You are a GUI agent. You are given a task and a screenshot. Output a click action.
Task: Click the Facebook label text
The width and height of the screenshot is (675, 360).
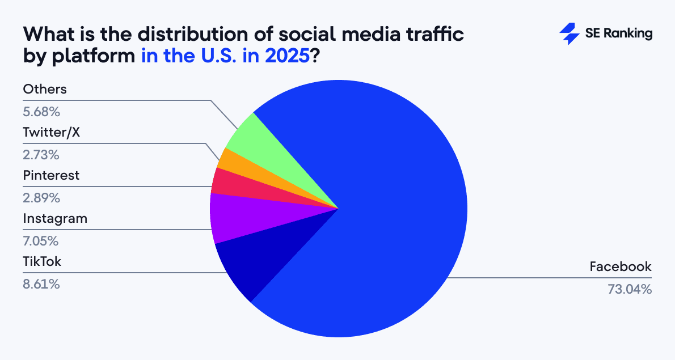pyautogui.click(x=621, y=266)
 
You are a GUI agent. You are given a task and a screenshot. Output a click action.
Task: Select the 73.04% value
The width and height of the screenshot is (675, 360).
pyautogui.click(x=630, y=289)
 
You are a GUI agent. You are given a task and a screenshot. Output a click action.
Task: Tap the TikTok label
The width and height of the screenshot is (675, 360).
pyautogui.click(x=42, y=262)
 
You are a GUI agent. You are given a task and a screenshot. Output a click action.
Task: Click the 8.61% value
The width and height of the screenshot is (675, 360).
pyautogui.click(x=41, y=284)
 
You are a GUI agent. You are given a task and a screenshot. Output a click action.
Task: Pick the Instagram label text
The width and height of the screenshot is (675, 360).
pyautogui.click(x=55, y=218)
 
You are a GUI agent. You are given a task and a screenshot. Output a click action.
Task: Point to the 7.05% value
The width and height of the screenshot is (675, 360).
pyautogui.click(x=41, y=241)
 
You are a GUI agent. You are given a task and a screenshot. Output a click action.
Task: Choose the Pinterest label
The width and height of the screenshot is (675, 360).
pyautogui.click(x=51, y=175)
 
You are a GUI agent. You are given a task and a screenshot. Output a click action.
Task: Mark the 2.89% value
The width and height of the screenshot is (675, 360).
pyautogui.click(x=41, y=198)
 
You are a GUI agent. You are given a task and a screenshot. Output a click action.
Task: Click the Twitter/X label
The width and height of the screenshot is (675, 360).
pyautogui.click(x=49, y=132)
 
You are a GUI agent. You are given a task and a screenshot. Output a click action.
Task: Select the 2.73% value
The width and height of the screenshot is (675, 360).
pyautogui.click(x=41, y=154)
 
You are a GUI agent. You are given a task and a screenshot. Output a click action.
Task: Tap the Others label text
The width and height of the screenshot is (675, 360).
pyautogui.click(x=45, y=89)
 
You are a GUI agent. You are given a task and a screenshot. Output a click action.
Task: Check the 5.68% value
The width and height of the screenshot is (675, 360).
pyautogui.click(x=41, y=111)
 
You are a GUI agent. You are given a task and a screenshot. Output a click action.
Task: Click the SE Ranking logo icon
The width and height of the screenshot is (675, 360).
pyautogui.click(x=569, y=34)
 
